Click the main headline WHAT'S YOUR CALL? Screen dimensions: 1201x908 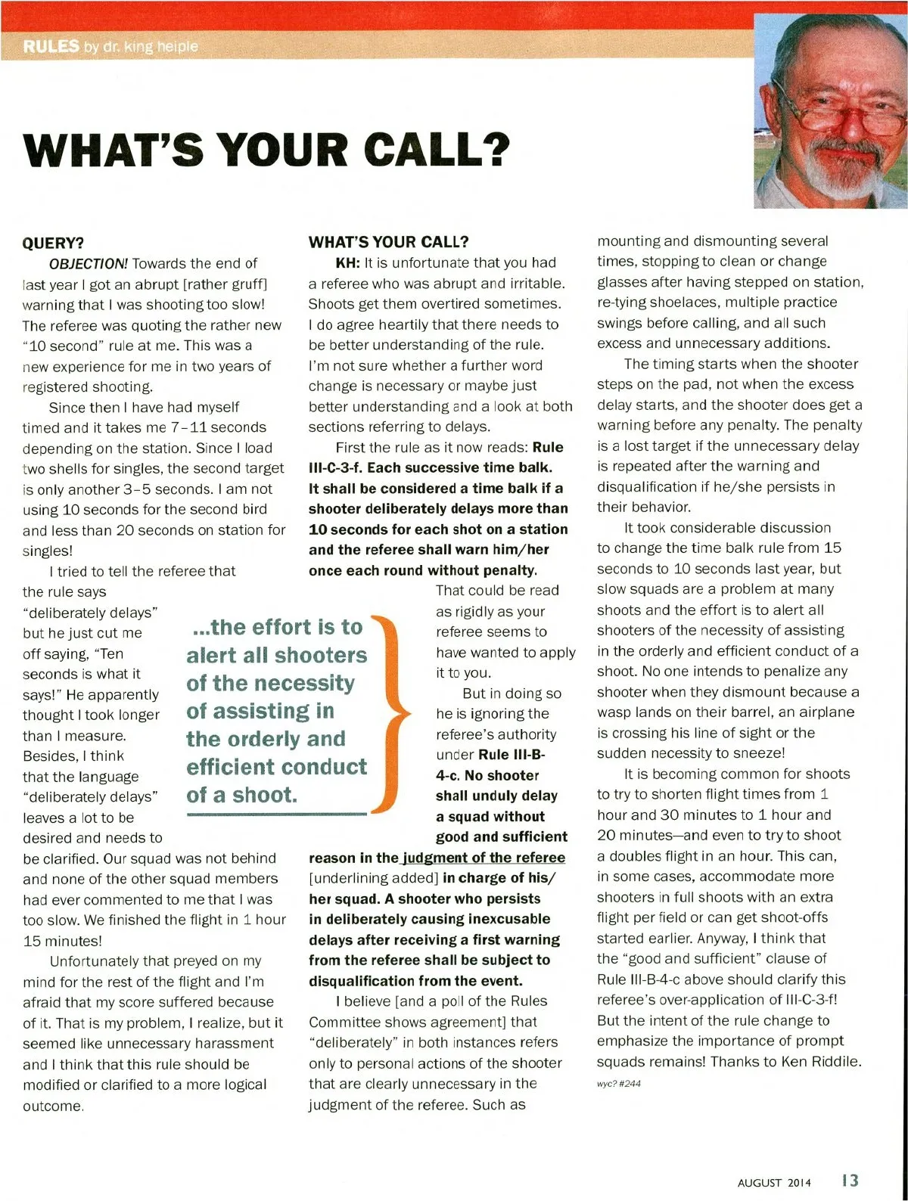[266, 149]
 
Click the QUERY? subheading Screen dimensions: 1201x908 [53, 243]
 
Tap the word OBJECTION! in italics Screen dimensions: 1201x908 [89, 263]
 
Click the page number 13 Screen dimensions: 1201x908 [850, 1181]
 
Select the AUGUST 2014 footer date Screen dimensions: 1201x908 [773, 1182]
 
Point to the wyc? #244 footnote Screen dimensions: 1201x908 [618, 1083]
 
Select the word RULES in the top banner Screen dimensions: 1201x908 [51, 46]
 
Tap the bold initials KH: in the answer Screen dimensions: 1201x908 [348, 262]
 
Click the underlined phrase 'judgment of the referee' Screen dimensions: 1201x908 [484, 858]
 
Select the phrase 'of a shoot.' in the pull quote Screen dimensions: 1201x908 [241, 795]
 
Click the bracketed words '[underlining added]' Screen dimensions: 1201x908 [373, 878]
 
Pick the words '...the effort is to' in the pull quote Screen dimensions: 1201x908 [277, 627]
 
